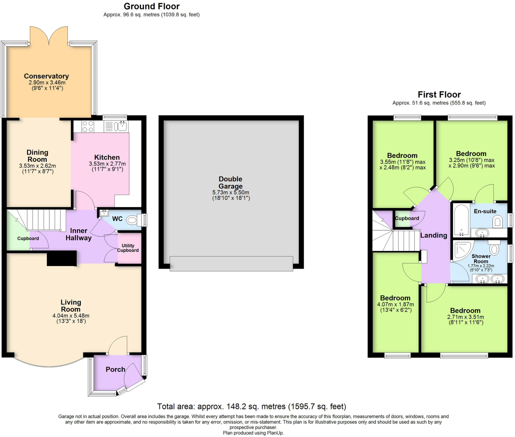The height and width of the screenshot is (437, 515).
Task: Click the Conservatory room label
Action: [x=46, y=76]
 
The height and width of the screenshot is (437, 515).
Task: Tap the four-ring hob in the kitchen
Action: [x=88, y=126]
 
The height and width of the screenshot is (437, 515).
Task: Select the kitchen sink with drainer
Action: [x=116, y=126]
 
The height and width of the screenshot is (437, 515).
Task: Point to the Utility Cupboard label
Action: [x=128, y=248]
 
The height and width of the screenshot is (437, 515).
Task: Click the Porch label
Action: [x=115, y=369]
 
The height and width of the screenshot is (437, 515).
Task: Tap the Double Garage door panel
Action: [x=231, y=263]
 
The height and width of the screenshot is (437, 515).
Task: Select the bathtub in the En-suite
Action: [x=461, y=220]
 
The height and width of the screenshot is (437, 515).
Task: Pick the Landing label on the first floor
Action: [x=434, y=235]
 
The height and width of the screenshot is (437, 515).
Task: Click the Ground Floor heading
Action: [x=152, y=6]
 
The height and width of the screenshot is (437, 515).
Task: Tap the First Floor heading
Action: [x=439, y=94]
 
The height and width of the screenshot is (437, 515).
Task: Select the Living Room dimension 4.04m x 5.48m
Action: [x=71, y=316]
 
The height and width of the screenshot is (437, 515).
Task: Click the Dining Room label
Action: [x=37, y=156]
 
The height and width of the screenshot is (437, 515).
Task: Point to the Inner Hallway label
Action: [x=78, y=234]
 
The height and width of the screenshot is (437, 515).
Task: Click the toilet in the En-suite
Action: [x=497, y=222]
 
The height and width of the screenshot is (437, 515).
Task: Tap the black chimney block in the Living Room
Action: [x=62, y=258]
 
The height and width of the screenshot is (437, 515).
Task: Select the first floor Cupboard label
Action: [x=407, y=218]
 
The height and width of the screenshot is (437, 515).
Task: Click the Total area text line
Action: [x=251, y=407]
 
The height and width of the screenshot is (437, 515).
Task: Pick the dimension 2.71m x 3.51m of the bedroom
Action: [x=465, y=317]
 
